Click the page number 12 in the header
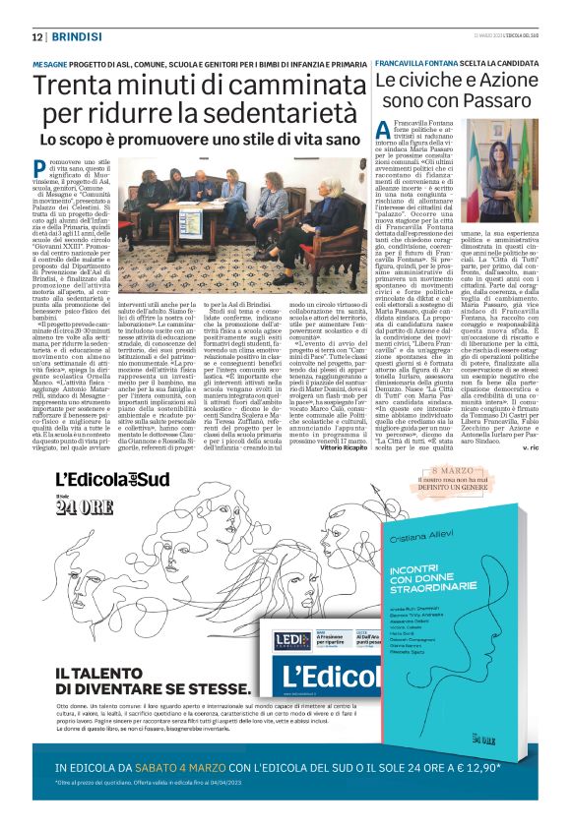[36, 36]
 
